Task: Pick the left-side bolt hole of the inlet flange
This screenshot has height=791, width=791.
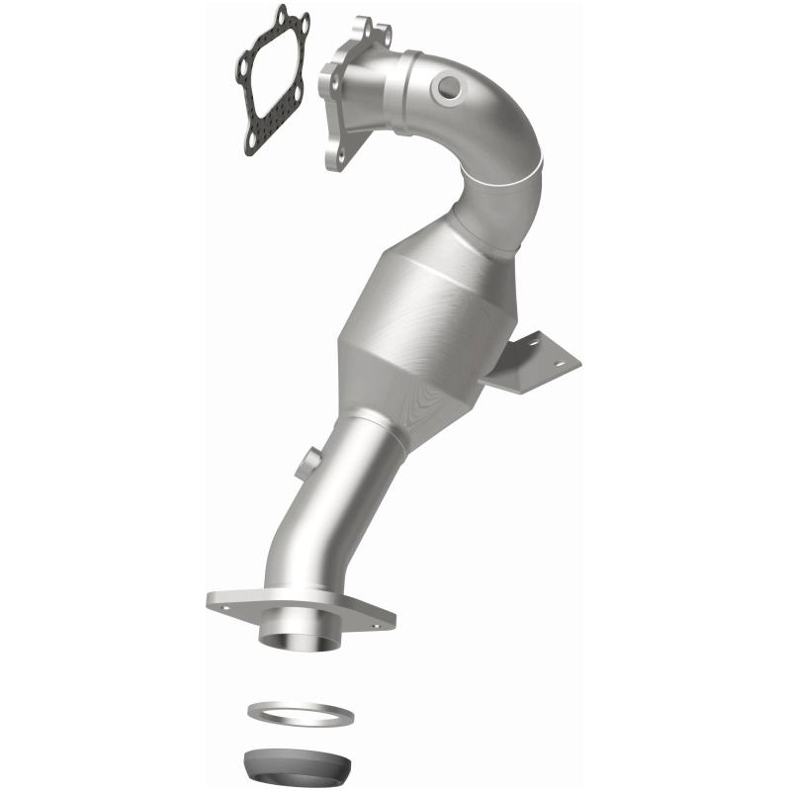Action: point(325,70)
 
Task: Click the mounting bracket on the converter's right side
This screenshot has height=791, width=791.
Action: point(539,363)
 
